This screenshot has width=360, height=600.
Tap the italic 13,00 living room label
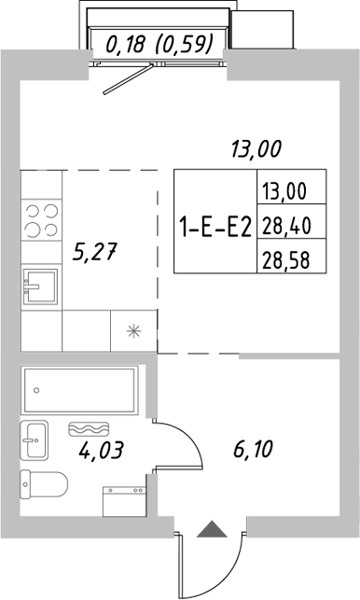click(x=256, y=147)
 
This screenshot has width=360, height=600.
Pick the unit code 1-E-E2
click(x=215, y=225)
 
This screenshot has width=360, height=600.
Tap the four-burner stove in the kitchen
click(x=38, y=219)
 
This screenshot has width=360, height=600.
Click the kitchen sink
click(x=40, y=287)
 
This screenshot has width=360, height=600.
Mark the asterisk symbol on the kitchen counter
click(x=133, y=331)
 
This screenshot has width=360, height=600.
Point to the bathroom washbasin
click(x=36, y=438)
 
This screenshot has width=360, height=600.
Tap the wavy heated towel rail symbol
click(x=87, y=429)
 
